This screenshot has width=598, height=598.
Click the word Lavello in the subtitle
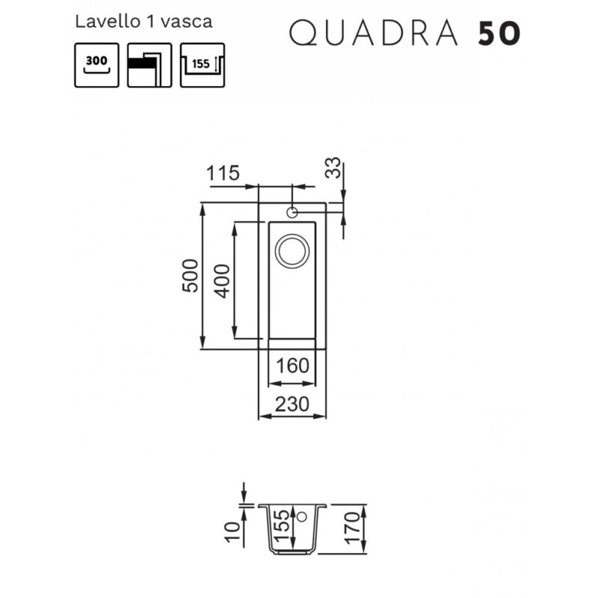[x=108, y=22]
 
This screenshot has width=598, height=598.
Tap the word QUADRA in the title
[x=373, y=34]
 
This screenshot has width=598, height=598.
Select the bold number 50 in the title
[x=499, y=34]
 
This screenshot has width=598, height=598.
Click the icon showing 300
[x=96, y=65]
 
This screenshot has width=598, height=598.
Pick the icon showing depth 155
[x=202, y=65]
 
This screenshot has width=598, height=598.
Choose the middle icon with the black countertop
[x=149, y=65]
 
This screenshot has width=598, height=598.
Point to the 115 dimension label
[x=223, y=173]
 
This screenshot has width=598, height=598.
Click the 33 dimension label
[x=333, y=167]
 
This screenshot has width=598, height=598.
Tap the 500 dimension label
[x=190, y=276]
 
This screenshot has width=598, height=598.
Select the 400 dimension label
[x=221, y=281]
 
